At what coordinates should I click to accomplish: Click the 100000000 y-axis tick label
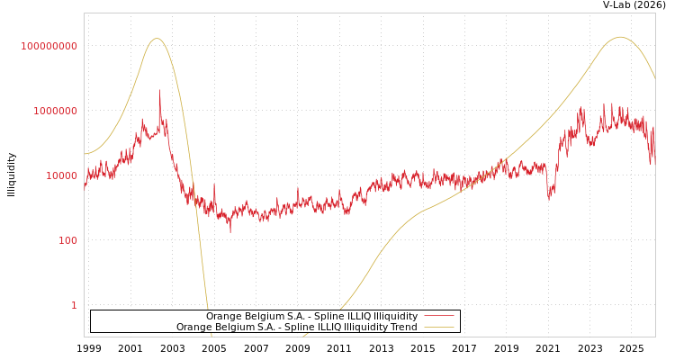[49, 46]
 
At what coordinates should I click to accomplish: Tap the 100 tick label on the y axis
[67, 240]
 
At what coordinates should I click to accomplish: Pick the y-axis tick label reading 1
[74, 305]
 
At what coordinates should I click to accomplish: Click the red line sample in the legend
[438, 317]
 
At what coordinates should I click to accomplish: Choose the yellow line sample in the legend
[438, 328]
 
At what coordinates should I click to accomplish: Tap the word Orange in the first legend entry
[224, 317]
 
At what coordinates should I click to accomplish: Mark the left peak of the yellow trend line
[157, 39]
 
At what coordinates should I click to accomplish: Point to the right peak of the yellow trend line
[619, 37]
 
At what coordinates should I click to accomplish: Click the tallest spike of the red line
[160, 92]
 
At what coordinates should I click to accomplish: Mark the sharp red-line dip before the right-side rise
[549, 196]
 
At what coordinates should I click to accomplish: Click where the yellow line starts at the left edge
[85, 154]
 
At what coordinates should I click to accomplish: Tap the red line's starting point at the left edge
[85, 189]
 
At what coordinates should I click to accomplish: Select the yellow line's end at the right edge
[654, 78]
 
